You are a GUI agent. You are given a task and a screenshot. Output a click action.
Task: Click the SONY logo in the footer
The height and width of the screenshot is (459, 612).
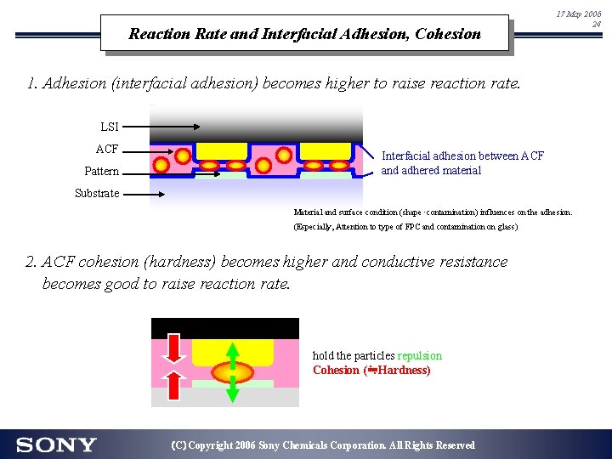click(x=56, y=445)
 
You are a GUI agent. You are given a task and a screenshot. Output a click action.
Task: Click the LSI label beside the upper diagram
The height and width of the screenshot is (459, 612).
click(x=110, y=127)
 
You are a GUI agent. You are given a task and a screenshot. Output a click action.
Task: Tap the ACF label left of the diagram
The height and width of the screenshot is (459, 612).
click(x=107, y=149)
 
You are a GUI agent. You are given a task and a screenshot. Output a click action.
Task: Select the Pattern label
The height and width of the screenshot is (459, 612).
click(x=101, y=172)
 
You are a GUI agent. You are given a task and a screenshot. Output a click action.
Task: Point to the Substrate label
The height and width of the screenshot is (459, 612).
click(x=97, y=193)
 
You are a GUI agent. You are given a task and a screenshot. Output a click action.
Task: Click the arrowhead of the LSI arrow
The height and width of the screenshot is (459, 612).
click(x=195, y=127)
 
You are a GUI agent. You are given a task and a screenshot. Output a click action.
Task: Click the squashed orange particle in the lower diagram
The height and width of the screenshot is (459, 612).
click(x=232, y=372)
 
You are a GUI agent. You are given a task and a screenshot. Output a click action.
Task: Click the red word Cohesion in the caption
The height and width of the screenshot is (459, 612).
click(x=336, y=371)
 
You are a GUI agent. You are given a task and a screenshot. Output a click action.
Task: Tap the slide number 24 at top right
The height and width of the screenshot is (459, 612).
click(x=595, y=25)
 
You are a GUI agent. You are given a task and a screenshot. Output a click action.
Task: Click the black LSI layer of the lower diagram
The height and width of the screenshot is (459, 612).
click(x=225, y=328)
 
